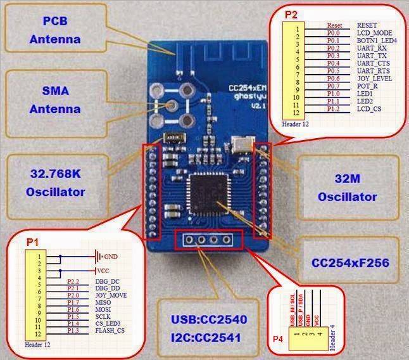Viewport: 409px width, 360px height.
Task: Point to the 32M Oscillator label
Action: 348,188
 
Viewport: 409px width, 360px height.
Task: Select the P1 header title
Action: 33,242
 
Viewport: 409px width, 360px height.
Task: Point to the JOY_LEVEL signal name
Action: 374,79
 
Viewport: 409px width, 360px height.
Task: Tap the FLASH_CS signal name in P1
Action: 110,330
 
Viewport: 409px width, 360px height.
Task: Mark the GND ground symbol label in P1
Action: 111,256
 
